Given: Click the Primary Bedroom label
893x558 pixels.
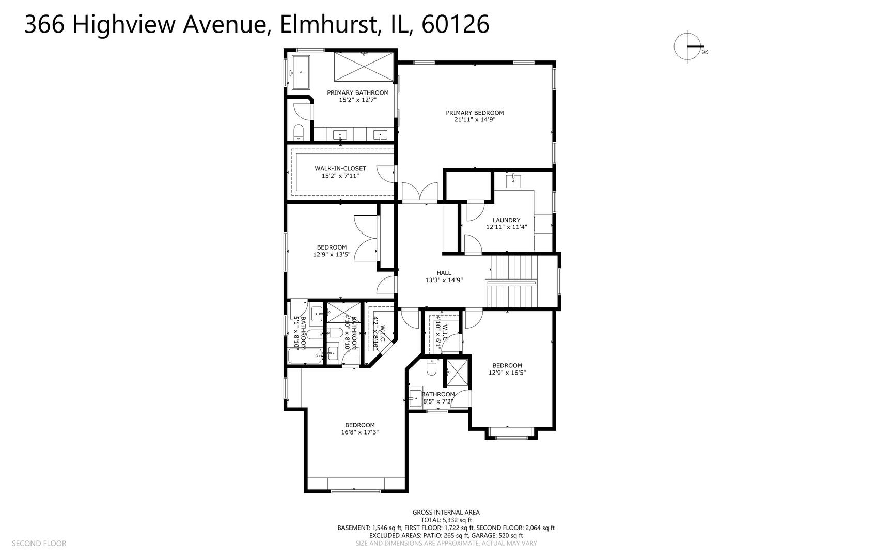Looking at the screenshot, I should (475, 113).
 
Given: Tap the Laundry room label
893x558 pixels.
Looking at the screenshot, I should (506, 220).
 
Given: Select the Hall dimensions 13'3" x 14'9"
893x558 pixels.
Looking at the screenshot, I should (444, 281).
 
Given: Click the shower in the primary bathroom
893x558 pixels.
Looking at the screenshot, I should (364, 67).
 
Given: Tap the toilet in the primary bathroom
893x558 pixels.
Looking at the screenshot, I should (299, 133).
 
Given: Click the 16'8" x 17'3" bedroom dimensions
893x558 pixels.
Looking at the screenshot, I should (360, 432).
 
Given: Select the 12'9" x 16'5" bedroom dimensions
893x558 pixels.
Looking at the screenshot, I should (507, 373).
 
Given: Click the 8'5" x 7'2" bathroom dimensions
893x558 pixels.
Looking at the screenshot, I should (438, 401).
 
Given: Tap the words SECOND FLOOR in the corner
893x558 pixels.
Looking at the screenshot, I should (39, 544).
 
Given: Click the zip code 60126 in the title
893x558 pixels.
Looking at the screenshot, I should (455, 24).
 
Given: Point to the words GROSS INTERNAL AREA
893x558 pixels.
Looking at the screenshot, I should (446, 513).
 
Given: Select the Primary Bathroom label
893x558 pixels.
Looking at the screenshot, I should (357, 93).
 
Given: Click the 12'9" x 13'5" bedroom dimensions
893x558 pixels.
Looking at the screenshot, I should (332, 254).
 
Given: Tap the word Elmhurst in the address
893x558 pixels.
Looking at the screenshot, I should (327, 24).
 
